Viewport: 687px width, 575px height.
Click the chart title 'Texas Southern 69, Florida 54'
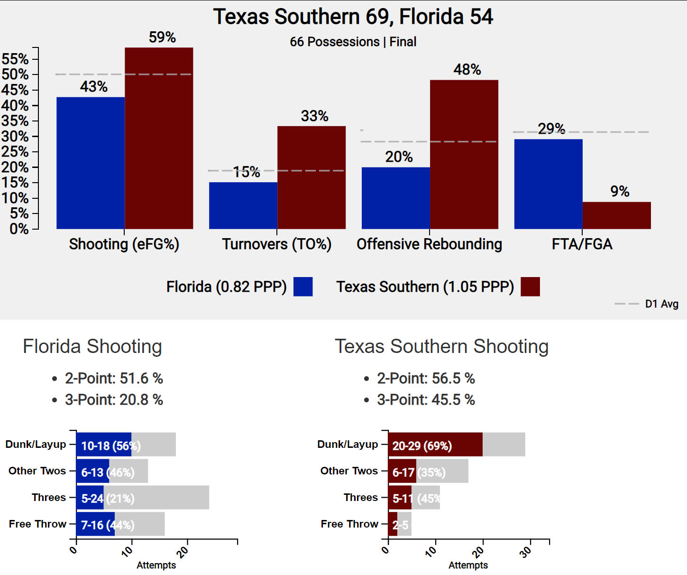click(x=353, y=17)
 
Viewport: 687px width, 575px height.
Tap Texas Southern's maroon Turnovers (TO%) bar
click(x=311, y=177)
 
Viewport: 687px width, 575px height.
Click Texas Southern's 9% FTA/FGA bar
click(x=616, y=215)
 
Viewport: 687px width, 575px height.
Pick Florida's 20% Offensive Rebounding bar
click(x=396, y=198)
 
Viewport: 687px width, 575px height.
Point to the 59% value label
click(x=162, y=37)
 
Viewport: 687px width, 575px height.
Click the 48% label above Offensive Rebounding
click(x=467, y=70)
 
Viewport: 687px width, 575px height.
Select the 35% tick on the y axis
click(x=15, y=121)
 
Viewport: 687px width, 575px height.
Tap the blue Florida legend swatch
click(x=303, y=287)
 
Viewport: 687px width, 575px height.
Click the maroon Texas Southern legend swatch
click(x=530, y=287)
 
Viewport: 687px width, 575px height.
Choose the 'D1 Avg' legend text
click(x=661, y=304)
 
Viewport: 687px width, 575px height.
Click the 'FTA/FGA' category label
click(x=582, y=244)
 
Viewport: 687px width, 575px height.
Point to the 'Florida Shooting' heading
click(x=92, y=346)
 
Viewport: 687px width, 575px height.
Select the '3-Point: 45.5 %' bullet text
click(x=426, y=400)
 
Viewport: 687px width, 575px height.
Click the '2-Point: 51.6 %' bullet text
click(x=114, y=379)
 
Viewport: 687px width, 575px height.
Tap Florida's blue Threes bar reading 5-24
click(x=90, y=498)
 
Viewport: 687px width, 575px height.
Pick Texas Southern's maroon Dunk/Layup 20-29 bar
click(x=435, y=445)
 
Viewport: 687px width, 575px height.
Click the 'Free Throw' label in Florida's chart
click(x=37, y=524)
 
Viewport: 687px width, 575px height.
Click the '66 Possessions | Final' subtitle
click(x=353, y=42)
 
